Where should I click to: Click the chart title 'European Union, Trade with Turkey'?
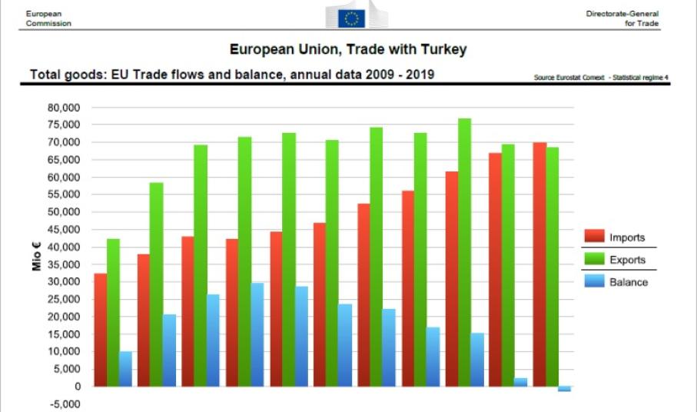tap(348, 50)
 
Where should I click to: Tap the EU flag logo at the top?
tap(353, 18)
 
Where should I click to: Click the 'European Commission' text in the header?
tap(48, 18)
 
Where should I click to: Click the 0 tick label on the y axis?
tap(77, 386)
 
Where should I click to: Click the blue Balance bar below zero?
tap(564, 388)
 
